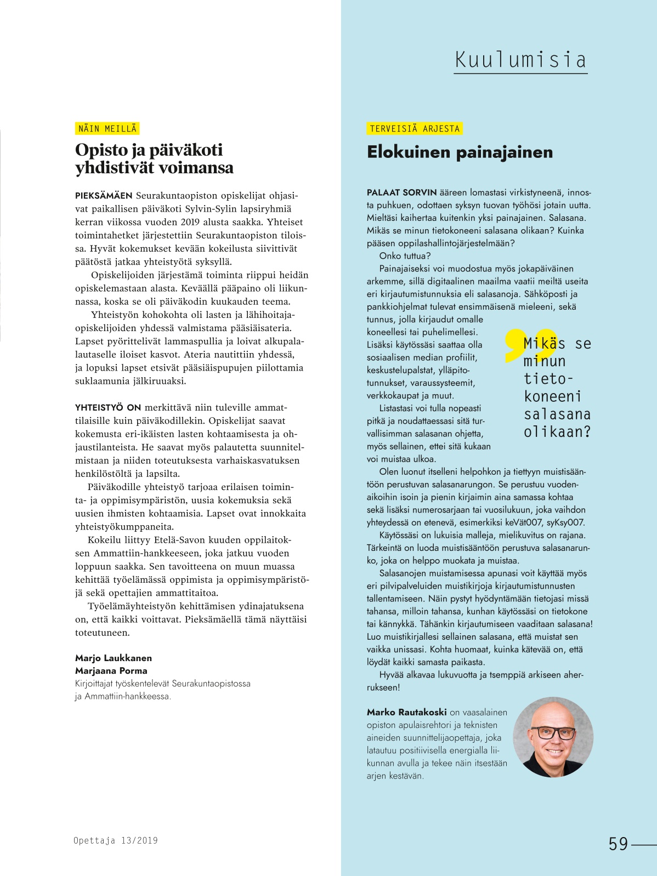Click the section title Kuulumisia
point(520,60)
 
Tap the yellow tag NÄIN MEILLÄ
point(107,129)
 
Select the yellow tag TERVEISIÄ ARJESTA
point(415,129)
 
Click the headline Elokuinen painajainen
point(460,152)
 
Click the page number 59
point(618,844)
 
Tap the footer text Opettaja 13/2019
point(115,840)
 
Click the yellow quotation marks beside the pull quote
point(526,345)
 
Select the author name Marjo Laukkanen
point(114,658)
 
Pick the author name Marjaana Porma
point(111,670)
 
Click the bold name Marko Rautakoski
point(406,713)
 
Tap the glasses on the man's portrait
point(553,733)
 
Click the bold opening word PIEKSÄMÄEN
point(104,196)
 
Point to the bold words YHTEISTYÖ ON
point(108,408)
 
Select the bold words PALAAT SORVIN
point(401,192)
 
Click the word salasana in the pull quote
point(557,414)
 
